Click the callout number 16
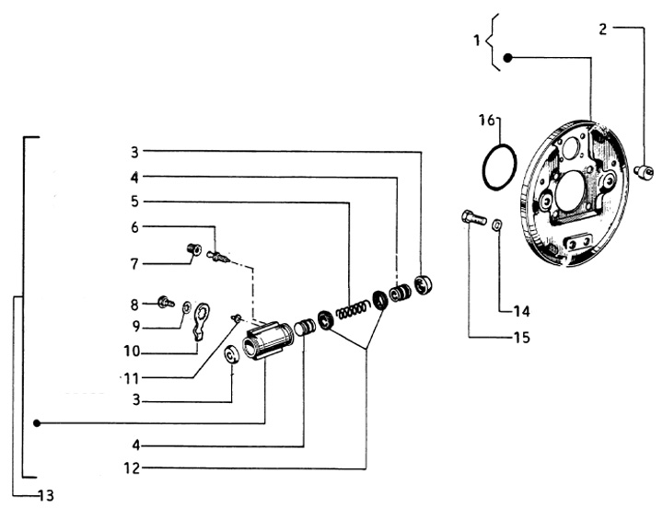click(487, 121)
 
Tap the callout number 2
click(602, 29)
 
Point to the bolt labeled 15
click(469, 219)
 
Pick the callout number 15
click(521, 338)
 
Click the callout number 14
click(521, 310)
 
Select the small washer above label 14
click(496, 224)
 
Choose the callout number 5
click(134, 201)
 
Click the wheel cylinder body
click(266, 341)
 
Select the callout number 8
click(134, 303)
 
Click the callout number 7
click(134, 264)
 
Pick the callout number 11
click(133, 378)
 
